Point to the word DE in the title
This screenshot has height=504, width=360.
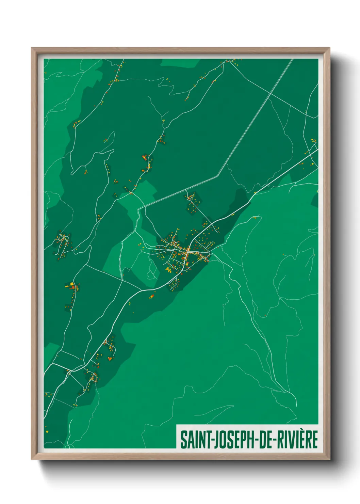coord(266,440)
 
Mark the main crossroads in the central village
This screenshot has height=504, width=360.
coord(187,252)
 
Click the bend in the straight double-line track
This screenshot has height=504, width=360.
coord(218,176)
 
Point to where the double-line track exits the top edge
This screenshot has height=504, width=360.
coord(292,59)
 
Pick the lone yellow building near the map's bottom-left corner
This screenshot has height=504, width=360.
coord(47,431)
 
